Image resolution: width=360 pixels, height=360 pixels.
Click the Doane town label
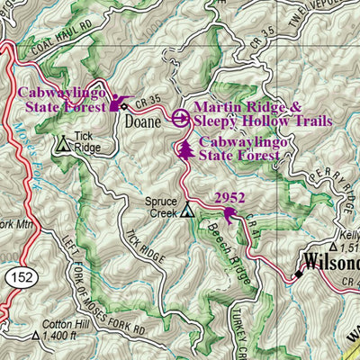143,121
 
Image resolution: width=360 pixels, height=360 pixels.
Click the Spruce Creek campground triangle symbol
187,211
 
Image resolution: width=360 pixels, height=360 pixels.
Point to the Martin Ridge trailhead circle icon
180,117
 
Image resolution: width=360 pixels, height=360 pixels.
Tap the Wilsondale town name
331,264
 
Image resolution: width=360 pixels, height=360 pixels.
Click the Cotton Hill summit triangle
36,336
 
